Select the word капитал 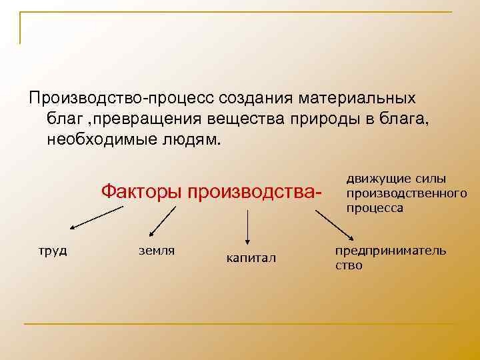[x=251, y=258]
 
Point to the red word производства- [x=256, y=192]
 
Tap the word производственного [x=405, y=194]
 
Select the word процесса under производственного [x=375, y=207]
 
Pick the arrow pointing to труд [x=96, y=218]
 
